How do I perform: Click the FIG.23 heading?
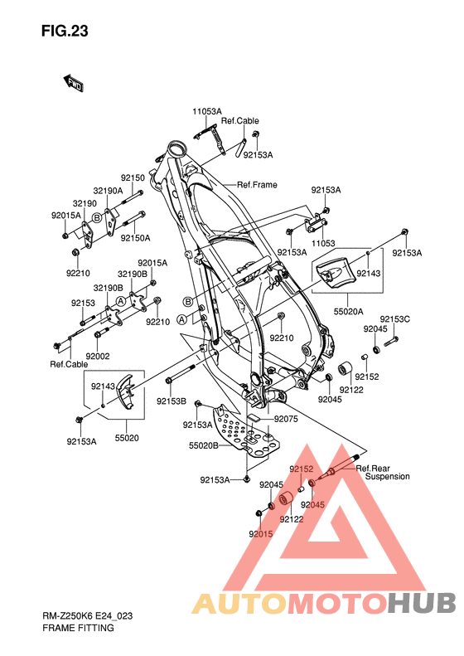coord(65,32)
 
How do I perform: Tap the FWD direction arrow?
coord(73,83)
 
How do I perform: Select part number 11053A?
coord(207,112)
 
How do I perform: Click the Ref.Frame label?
coord(257,184)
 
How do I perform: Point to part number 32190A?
coord(108,191)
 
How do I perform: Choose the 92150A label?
coord(135,238)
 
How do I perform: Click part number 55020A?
coord(348,311)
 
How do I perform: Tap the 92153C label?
coord(395,319)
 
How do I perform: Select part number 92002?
coord(98,356)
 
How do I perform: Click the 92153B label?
coord(172,401)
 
